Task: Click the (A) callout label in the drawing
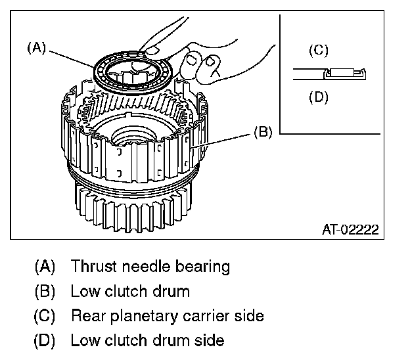(x=36, y=48)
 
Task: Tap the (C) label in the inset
(x=318, y=51)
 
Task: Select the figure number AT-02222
(x=350, y=229)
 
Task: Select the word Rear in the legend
(x=85, y=315)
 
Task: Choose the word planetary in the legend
(x=137, y=316)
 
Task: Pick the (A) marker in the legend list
(x=45, y=267)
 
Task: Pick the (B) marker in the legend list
(x=45, y=291)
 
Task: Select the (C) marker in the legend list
(x=45, y=316)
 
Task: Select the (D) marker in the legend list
(x=45, y=340)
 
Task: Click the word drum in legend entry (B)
(x=173, y=291)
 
